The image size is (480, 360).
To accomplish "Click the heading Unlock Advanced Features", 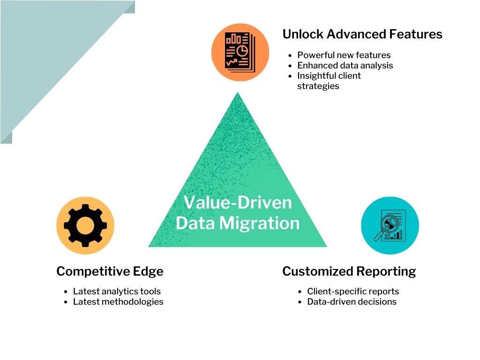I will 362,34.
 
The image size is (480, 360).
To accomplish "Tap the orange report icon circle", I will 240,52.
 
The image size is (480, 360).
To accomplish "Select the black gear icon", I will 85,225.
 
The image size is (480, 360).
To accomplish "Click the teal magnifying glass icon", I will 390,225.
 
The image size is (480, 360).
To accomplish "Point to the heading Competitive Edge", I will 110,271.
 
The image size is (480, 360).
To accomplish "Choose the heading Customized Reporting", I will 349,271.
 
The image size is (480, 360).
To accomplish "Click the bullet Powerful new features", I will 344,55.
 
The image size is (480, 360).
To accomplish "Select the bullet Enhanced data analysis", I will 345,65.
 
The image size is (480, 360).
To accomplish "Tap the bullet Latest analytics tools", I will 117,291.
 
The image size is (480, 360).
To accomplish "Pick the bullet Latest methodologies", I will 118,301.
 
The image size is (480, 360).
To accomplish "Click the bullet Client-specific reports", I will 353,291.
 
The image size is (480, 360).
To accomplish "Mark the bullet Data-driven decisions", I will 352,301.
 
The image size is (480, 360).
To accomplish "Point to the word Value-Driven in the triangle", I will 238,202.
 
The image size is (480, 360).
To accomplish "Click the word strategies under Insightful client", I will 318,86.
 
